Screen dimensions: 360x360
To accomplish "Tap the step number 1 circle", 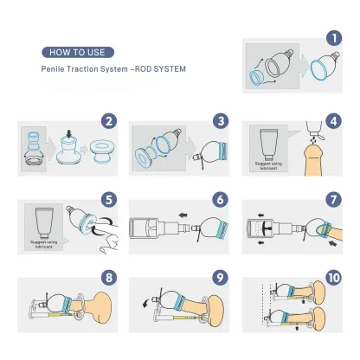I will [333, 38].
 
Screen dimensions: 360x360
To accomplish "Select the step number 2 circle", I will [109, 120].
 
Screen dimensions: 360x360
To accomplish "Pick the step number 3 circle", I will [222, 120].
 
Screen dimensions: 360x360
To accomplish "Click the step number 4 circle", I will [333, 120].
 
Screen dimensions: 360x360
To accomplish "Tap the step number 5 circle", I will [109, 198].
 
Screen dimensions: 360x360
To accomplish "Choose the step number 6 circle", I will [222, 198].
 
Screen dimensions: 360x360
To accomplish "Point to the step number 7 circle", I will [333, 198].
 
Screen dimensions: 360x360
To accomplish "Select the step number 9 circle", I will [222, 279].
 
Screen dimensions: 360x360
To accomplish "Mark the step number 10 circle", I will [333, 279].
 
